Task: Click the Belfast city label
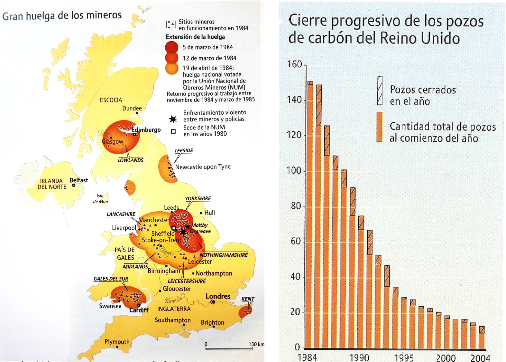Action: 79,180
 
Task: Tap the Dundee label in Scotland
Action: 132,108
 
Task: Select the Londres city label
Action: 218,296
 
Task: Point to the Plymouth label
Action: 117,342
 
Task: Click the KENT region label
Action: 248,299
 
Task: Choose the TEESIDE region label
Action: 184,151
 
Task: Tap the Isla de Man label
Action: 100,199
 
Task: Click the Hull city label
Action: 209,213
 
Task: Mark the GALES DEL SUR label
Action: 111,279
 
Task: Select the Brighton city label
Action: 212,322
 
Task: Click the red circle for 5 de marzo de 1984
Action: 171,47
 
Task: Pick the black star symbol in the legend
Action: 173,119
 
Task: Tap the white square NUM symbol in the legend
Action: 173,131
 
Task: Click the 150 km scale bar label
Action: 256,344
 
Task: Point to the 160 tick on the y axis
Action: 295,64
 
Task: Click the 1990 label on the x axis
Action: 359,357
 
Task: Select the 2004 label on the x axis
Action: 480,358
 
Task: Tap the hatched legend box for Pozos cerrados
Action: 380,90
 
